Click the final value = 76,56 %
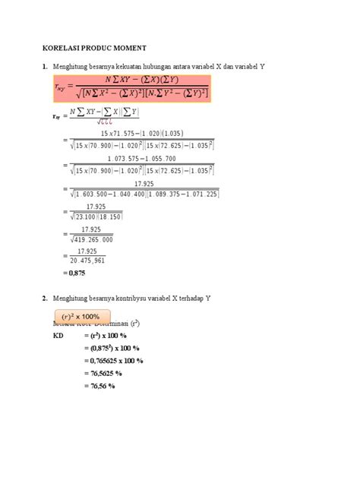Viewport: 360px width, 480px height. (x=99, y=387)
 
